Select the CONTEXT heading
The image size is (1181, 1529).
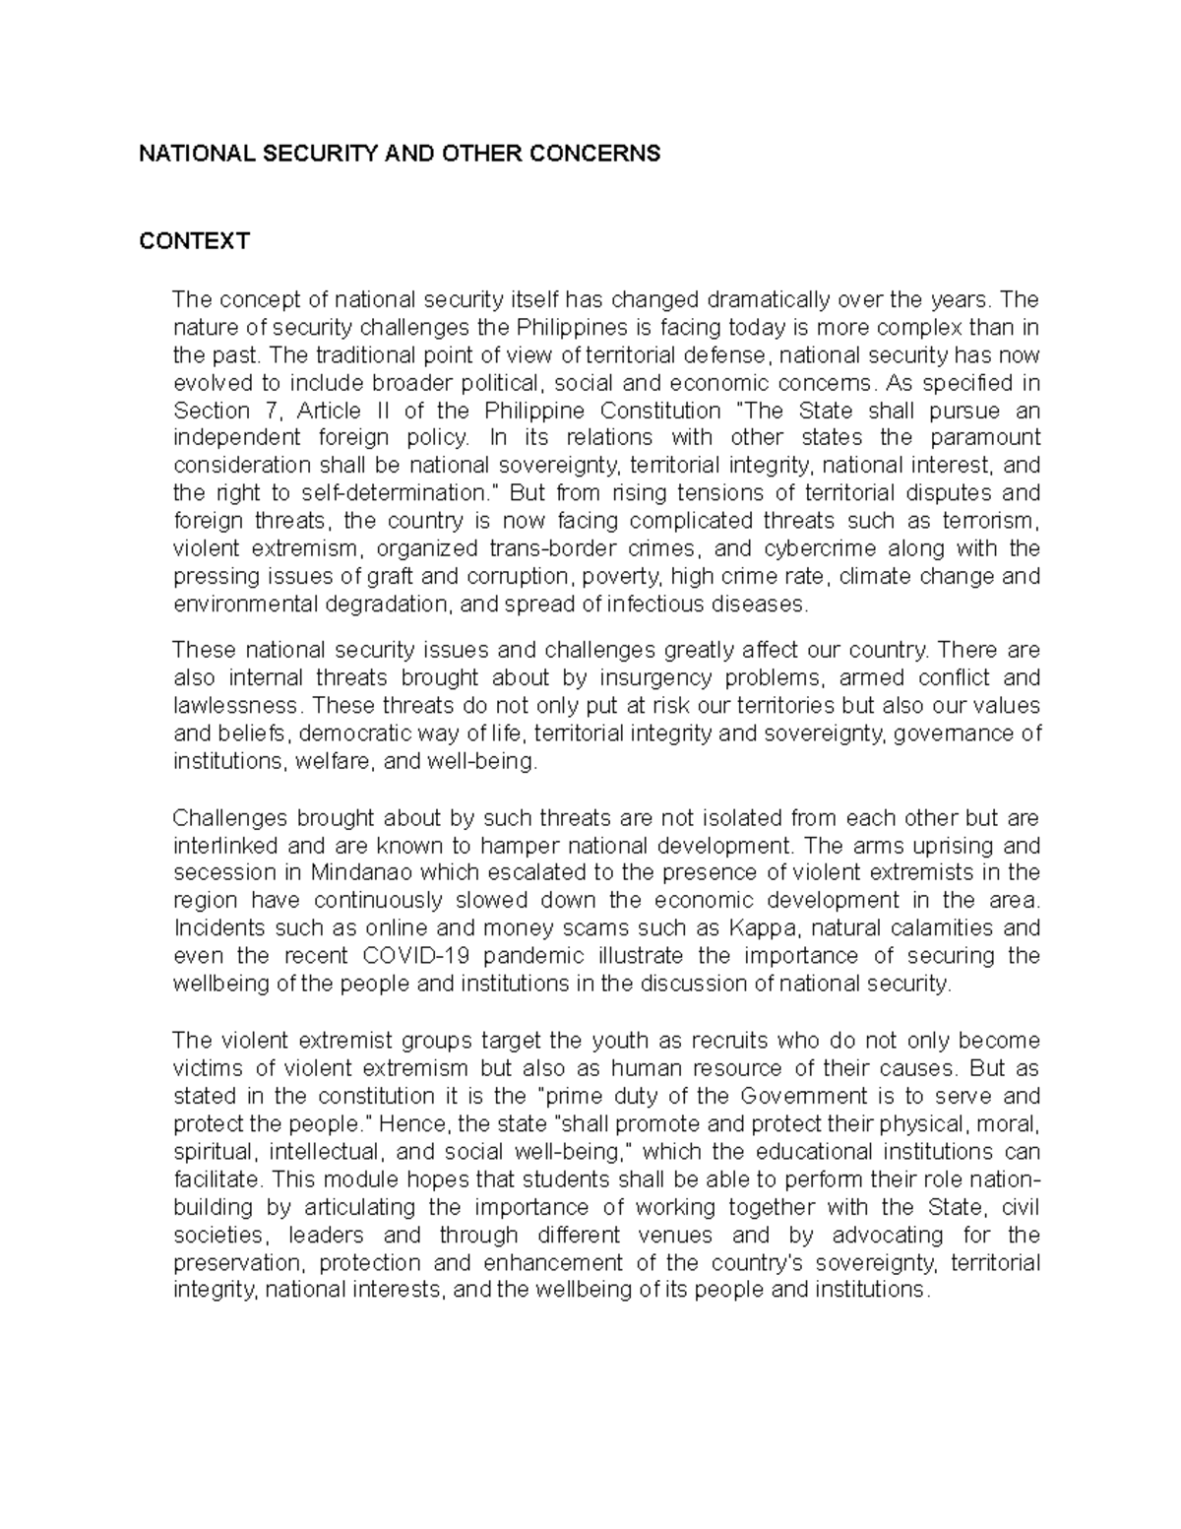click(194, 241)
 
